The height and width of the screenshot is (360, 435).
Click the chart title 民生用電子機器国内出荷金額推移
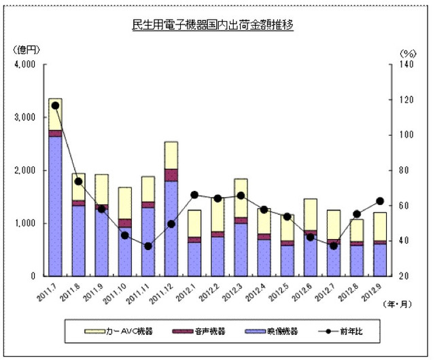coord(217,26)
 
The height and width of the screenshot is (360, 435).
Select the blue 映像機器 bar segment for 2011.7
coord(55,204)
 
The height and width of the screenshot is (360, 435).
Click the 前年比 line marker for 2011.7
coord(55,105)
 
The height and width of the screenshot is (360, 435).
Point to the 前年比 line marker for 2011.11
coord(148,246)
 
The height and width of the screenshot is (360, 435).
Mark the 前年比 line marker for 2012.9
coord(380,201)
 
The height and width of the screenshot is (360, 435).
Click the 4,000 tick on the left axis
coord(24,65)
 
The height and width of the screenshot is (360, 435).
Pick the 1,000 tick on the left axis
coord(24,223)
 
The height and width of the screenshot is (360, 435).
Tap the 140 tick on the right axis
coord(406,65)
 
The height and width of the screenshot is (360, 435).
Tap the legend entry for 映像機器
coord(278,331)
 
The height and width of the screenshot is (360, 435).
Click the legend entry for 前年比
coord(350,331)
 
